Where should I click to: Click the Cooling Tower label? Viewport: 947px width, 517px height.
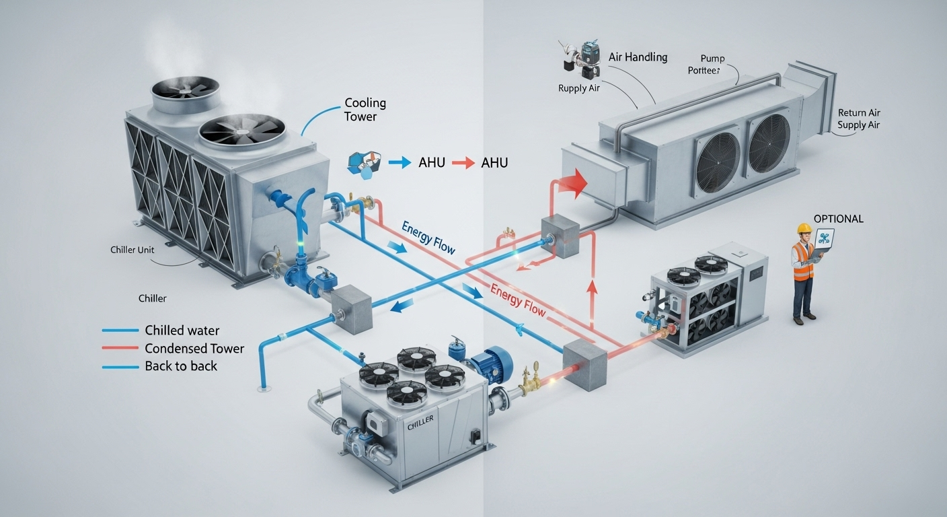tap(365, 110)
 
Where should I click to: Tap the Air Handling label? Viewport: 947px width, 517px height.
tap(638, 57)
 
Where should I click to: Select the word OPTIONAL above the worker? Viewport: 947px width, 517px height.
tap(838, 219)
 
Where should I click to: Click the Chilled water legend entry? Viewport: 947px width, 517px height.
tap(182, 331)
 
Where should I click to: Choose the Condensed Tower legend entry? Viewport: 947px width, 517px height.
tap(194, 349)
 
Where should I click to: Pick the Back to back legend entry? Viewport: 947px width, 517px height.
tap(181, 366)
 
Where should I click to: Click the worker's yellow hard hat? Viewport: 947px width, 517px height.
tap(804, 229)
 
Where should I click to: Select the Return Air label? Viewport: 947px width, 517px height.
tap(859, 113)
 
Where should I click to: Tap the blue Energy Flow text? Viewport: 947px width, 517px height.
tap(428, 237)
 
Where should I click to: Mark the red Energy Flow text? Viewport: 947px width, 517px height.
tap(517, 300)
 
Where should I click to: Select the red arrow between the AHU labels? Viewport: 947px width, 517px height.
tap(463, 163)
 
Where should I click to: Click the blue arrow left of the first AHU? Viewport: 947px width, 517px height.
tap(400, 162)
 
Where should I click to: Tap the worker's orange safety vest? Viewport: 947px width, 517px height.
tap(802, 261)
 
